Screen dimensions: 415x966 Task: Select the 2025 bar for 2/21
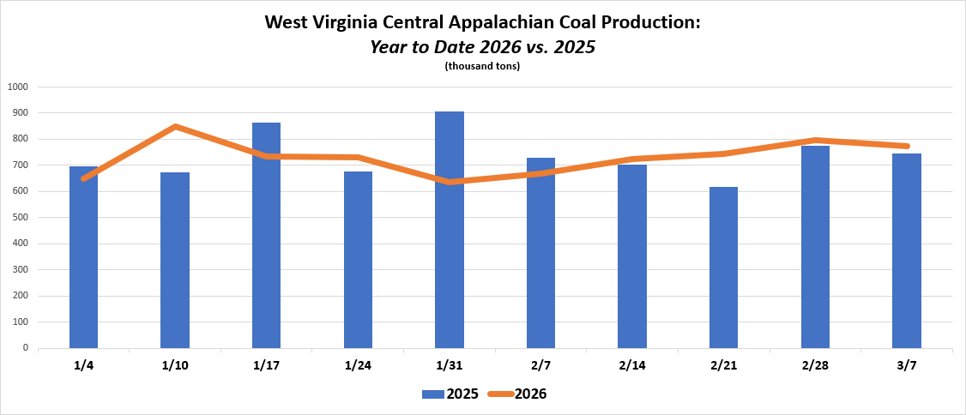pos(723,268)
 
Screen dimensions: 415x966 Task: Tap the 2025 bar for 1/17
pos(266,235)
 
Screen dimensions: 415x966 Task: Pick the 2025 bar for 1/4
pos(83,257)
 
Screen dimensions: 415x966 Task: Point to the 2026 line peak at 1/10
pos(175,127)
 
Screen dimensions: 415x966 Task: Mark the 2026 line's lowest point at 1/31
pos(450,182)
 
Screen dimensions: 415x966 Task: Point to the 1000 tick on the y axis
pos(18,87)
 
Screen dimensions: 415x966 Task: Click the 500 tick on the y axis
pos(21,218)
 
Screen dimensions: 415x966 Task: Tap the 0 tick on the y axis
pos(26,348)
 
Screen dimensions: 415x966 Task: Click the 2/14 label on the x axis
pos(632,366)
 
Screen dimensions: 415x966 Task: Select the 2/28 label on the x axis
pos(815,366)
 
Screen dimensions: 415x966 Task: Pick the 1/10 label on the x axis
pos(175,366)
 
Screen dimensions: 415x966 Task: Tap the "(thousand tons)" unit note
pos(483,66)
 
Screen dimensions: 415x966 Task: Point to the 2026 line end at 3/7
pos(906,146)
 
